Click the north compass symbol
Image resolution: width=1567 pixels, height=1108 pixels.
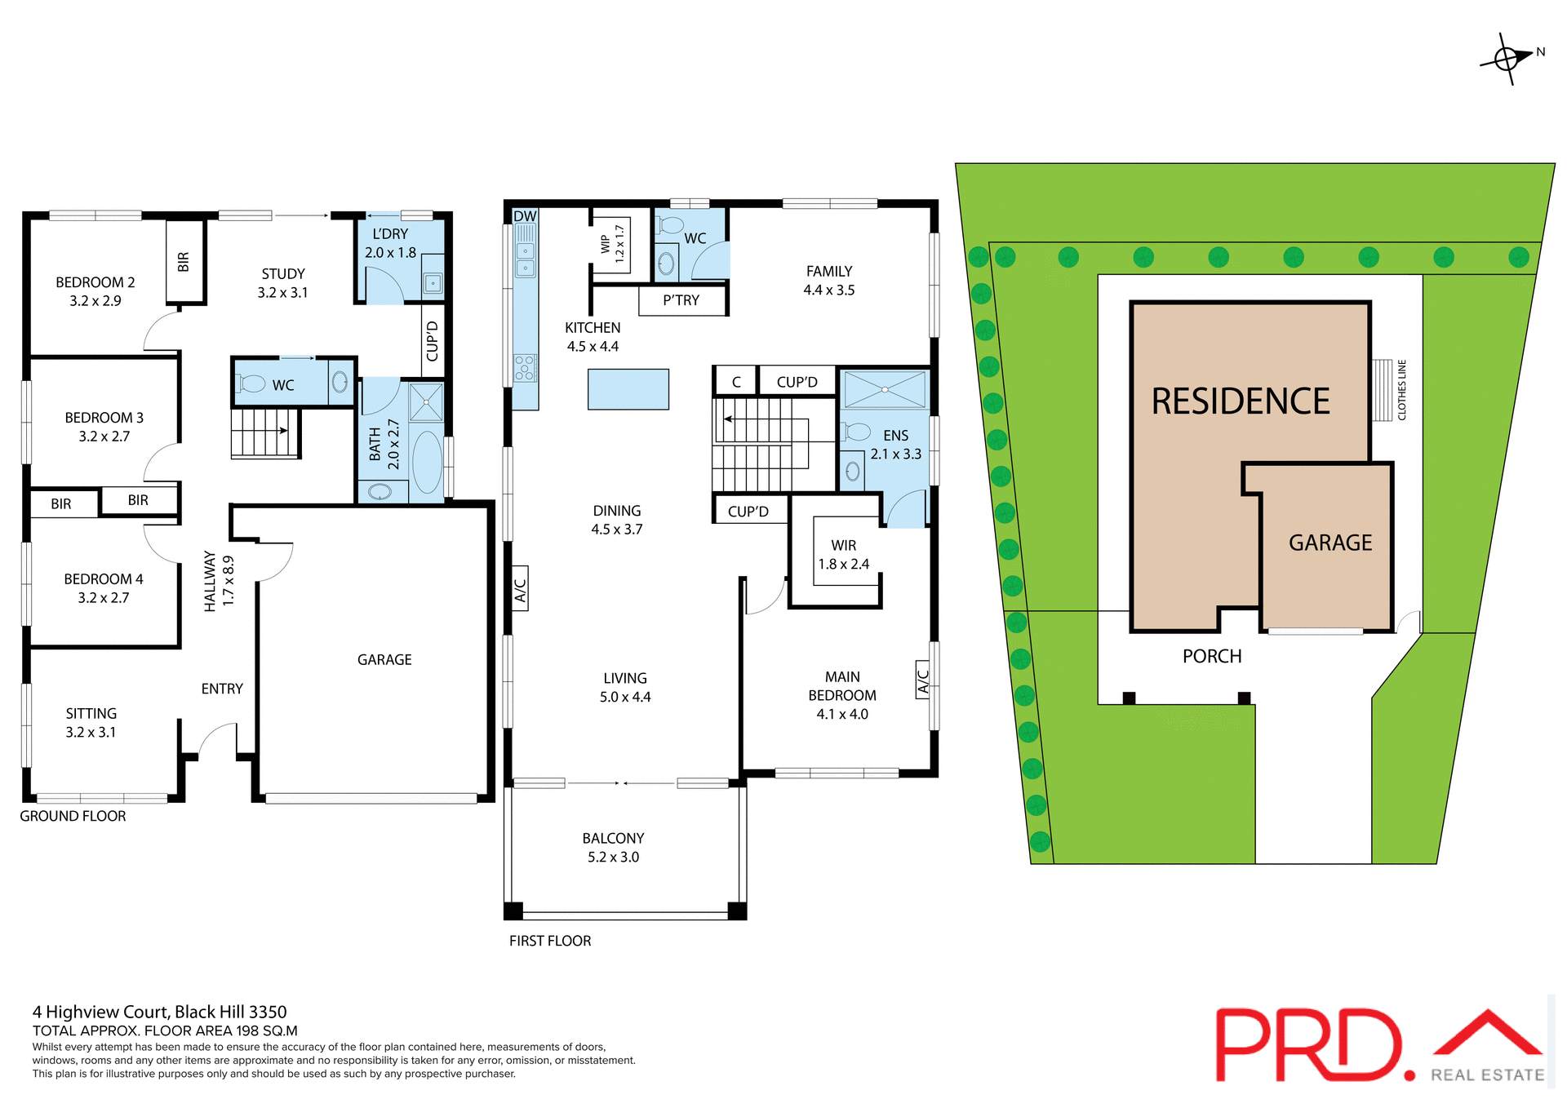(x=1507, y=59)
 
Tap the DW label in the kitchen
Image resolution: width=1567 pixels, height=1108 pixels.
(x=525, y=216)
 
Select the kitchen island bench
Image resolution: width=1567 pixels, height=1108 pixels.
(x=628, y=389)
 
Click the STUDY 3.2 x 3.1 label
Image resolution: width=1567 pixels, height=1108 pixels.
(x=282, y=283)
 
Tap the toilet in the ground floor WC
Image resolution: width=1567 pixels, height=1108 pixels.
(x=252, y=383)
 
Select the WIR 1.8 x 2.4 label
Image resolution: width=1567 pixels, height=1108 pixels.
(x=843, y=555)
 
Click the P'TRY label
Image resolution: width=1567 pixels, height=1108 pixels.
(x=681, y=300)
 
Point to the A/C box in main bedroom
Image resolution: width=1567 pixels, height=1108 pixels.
(x=923, y=681)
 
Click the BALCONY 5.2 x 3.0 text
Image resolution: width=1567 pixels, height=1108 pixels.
(x=613, y=847)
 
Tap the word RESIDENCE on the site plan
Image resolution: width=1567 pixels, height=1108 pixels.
(x=1240, y=401)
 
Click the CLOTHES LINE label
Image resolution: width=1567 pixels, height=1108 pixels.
(x=1401, y=390)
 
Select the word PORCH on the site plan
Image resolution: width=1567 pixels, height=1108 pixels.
(x=1211, y=656)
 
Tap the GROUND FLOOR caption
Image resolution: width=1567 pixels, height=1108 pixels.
(x=73, y=816)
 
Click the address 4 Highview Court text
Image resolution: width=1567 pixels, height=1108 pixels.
(x=159, y=1012)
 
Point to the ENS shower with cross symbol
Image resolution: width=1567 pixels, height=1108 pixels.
(x=885, y=389)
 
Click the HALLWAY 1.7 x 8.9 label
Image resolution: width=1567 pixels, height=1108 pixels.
(x=219, y=581)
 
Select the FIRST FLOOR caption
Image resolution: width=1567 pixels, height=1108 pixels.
(x=550, y=941)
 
